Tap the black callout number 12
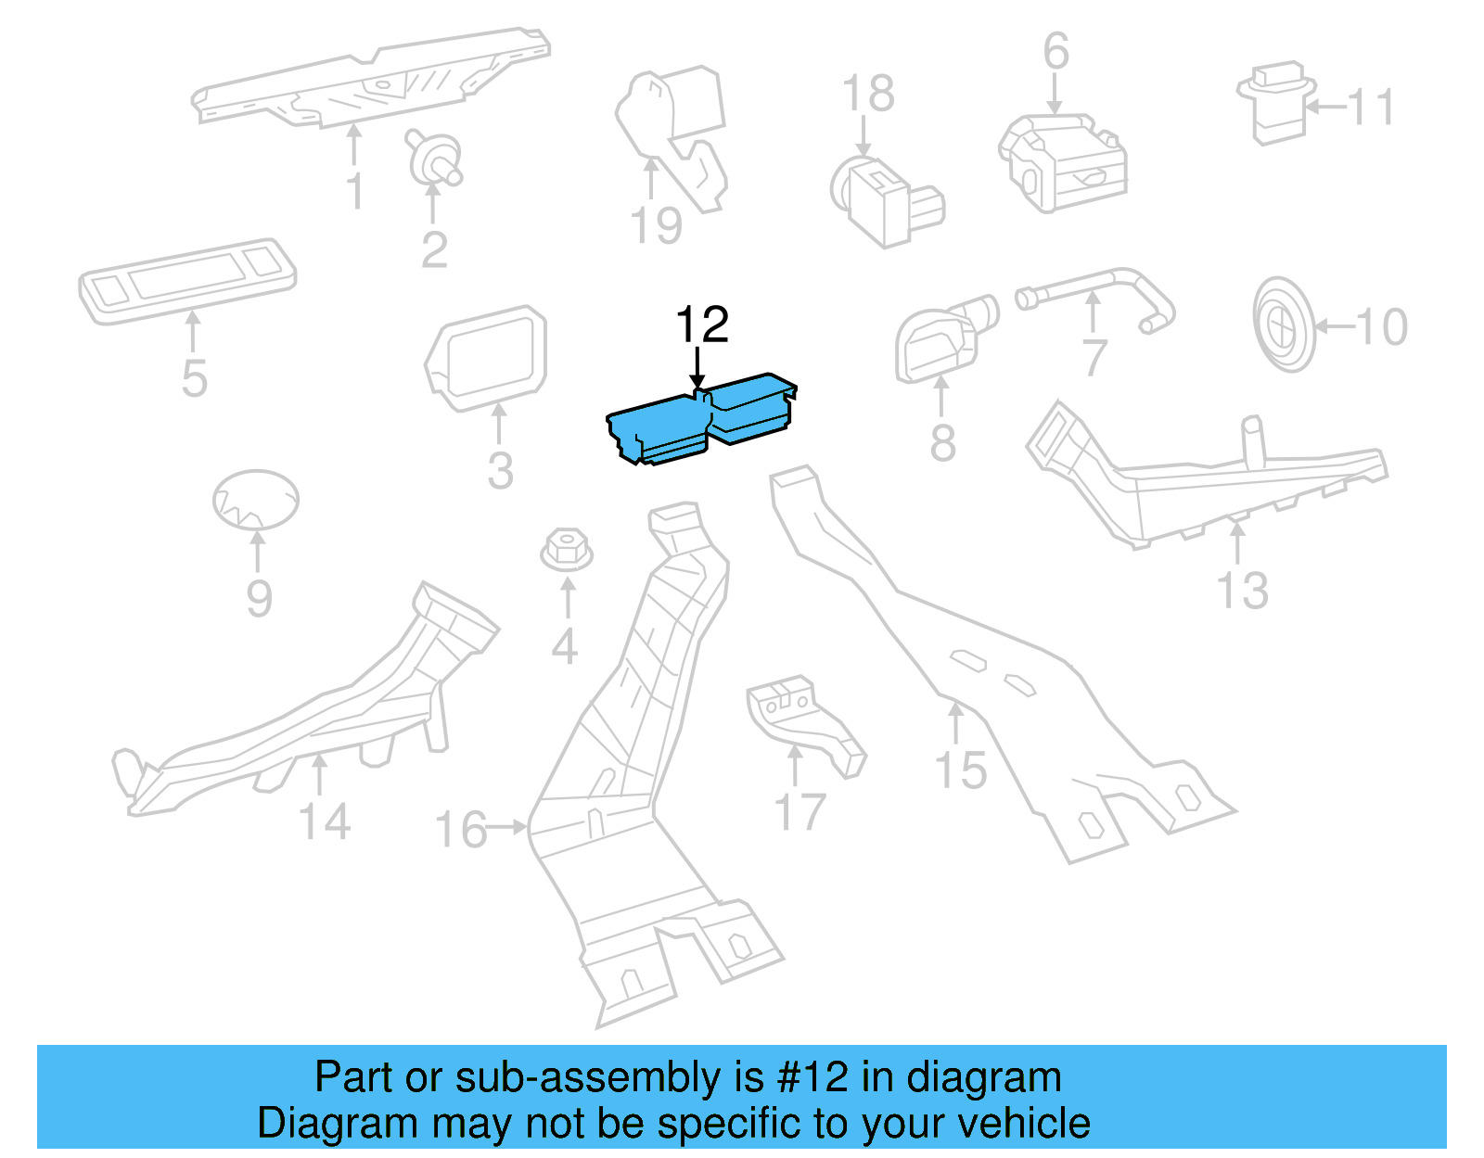coord(702,325)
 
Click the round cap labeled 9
coord(256,500)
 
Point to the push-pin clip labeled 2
coord(433,158)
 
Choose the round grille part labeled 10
coord(1284,324)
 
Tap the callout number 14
coord(325,822)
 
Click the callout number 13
coord(1242,591)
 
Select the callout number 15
coord(961,770)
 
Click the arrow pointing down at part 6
coord(1055,95)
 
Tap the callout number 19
coord(656,226)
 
